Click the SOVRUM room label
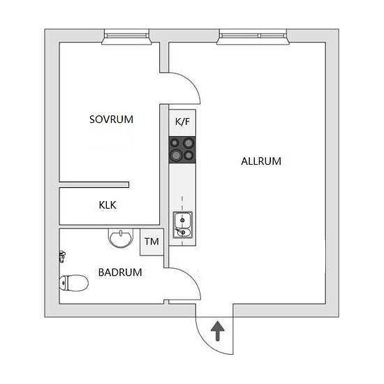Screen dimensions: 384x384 [x=112, y=119]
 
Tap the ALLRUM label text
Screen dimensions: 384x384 [x=261, y=161]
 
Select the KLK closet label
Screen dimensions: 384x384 [x=108, y=205]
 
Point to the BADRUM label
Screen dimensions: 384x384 [x=120, y=272]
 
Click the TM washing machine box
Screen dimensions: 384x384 [x=152, y=242]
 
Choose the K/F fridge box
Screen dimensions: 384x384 [x=182, y=123]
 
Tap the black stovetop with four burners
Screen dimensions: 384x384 [x=182, y=150]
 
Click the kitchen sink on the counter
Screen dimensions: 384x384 [x=183, y=225]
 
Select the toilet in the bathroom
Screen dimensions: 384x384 [x=73, y=283]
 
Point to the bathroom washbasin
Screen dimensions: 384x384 [x=121, y=238]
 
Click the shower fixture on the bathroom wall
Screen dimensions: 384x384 [x=62, y=257]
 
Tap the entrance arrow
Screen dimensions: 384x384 [x=217, y=331]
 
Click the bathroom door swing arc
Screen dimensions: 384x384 [x=193, y=277]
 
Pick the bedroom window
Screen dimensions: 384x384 [x=126, y=37]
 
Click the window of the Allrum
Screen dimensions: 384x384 [x=253, y=37]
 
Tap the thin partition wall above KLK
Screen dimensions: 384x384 [x=94, y=184]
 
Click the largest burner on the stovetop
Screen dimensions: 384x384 [x=175, y=155]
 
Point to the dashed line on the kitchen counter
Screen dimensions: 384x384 [x=182, y=221]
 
